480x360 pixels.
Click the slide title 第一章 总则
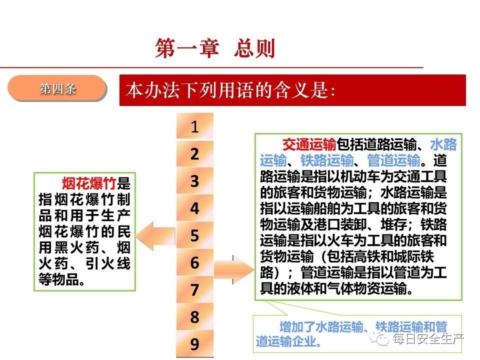(x=215, y=48)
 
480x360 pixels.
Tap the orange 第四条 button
(x=57, y=88)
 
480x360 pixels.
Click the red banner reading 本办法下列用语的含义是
(x=292, y=90)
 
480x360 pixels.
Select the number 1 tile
(x=194, y=126)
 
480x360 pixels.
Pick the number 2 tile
(x=194, y=153)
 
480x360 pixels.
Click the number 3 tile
(x=194, y=180)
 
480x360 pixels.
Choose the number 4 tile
(x=194, y=208)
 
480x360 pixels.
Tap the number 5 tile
(x=194, y=235)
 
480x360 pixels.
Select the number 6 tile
(x=194, y=262)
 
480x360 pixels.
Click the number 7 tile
(x=194, y=289)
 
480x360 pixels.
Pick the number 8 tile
(x=194, y=316)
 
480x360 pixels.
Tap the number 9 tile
(x=194, y=343)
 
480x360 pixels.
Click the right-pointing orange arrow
(x=234, y=269)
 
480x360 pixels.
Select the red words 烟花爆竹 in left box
(x=89, y=183)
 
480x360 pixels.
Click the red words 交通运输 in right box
(x=309, y=144)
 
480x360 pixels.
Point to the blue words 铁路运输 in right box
(x=327, y=160)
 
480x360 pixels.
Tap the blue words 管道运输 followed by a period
(x=393, y=160)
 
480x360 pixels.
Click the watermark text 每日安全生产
(x=428, y=339)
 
